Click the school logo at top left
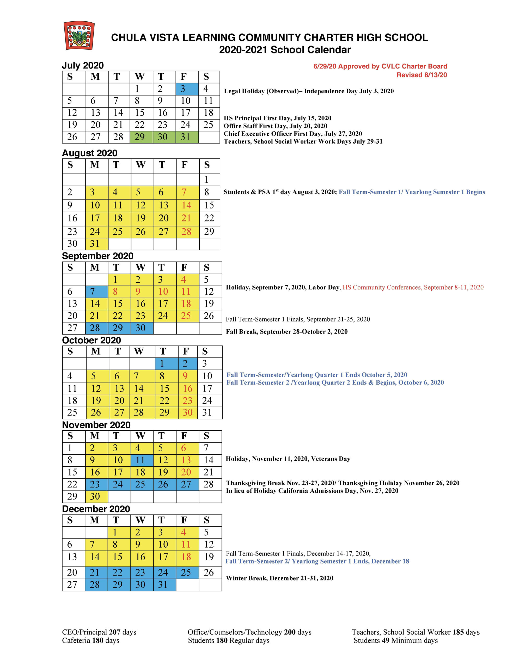click(x=79, y=35)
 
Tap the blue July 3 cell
click(x=187, y=89)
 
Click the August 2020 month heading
click(x=89, y=153)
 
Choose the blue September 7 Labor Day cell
click(x=96, y=292)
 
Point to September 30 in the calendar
click(x=142, y=328)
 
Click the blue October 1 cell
click(x=167, y=363)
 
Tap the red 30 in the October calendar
click(x=188, y=413)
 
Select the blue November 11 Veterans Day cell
click(x=142, y=460)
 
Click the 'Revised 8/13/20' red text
click(x=422, y=75)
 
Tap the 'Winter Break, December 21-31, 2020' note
click(x=279, y=578)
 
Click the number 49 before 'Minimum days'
click(x=386, y=640)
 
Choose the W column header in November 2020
click(x=141, y=436)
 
